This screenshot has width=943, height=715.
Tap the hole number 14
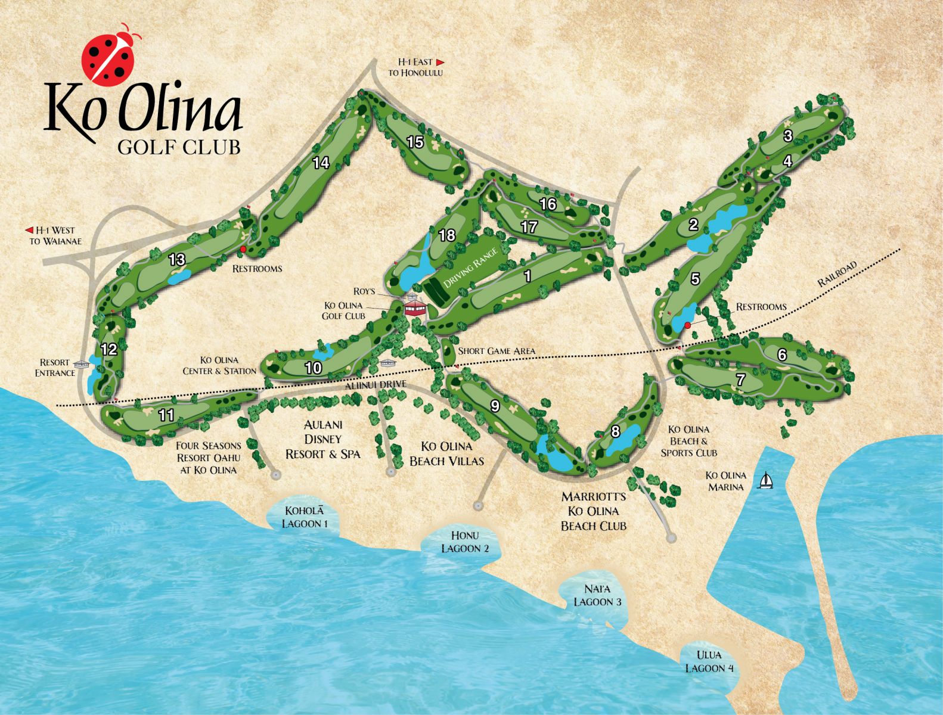point(321,163)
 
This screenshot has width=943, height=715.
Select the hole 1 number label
point(527,276)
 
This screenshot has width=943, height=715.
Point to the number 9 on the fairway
point(494,406)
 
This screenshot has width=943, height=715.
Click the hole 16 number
point(547,204)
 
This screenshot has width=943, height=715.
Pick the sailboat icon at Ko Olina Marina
point(765,480)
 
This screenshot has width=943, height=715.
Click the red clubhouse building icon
point(415,307)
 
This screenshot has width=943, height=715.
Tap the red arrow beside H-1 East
point(441,62)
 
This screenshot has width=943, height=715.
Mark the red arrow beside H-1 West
point(28,230)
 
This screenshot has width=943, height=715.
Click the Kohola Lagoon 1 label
point(305,517)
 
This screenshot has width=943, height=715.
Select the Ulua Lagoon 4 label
point(709,661)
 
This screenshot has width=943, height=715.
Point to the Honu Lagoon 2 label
point(465,542)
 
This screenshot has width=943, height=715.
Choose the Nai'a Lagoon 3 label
point(597,595)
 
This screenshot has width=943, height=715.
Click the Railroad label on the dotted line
point(837,274)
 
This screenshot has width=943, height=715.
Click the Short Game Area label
point(496,351)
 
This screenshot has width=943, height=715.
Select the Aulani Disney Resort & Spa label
point(322,439)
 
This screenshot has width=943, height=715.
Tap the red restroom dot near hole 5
point(687,325)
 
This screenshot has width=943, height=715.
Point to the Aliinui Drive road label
point(375,385)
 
